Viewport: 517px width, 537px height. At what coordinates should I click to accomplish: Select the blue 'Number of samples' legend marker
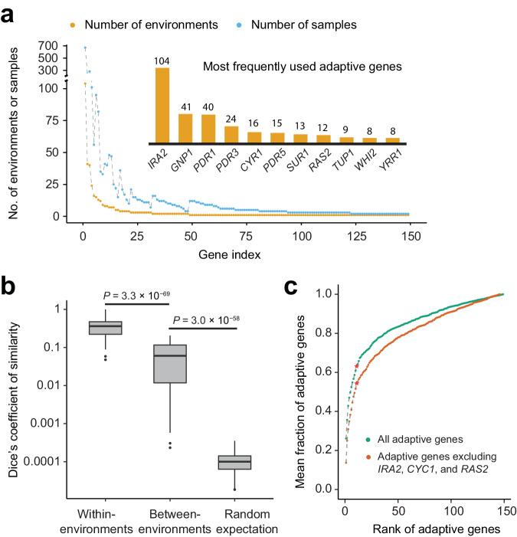[x=240, y=25]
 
